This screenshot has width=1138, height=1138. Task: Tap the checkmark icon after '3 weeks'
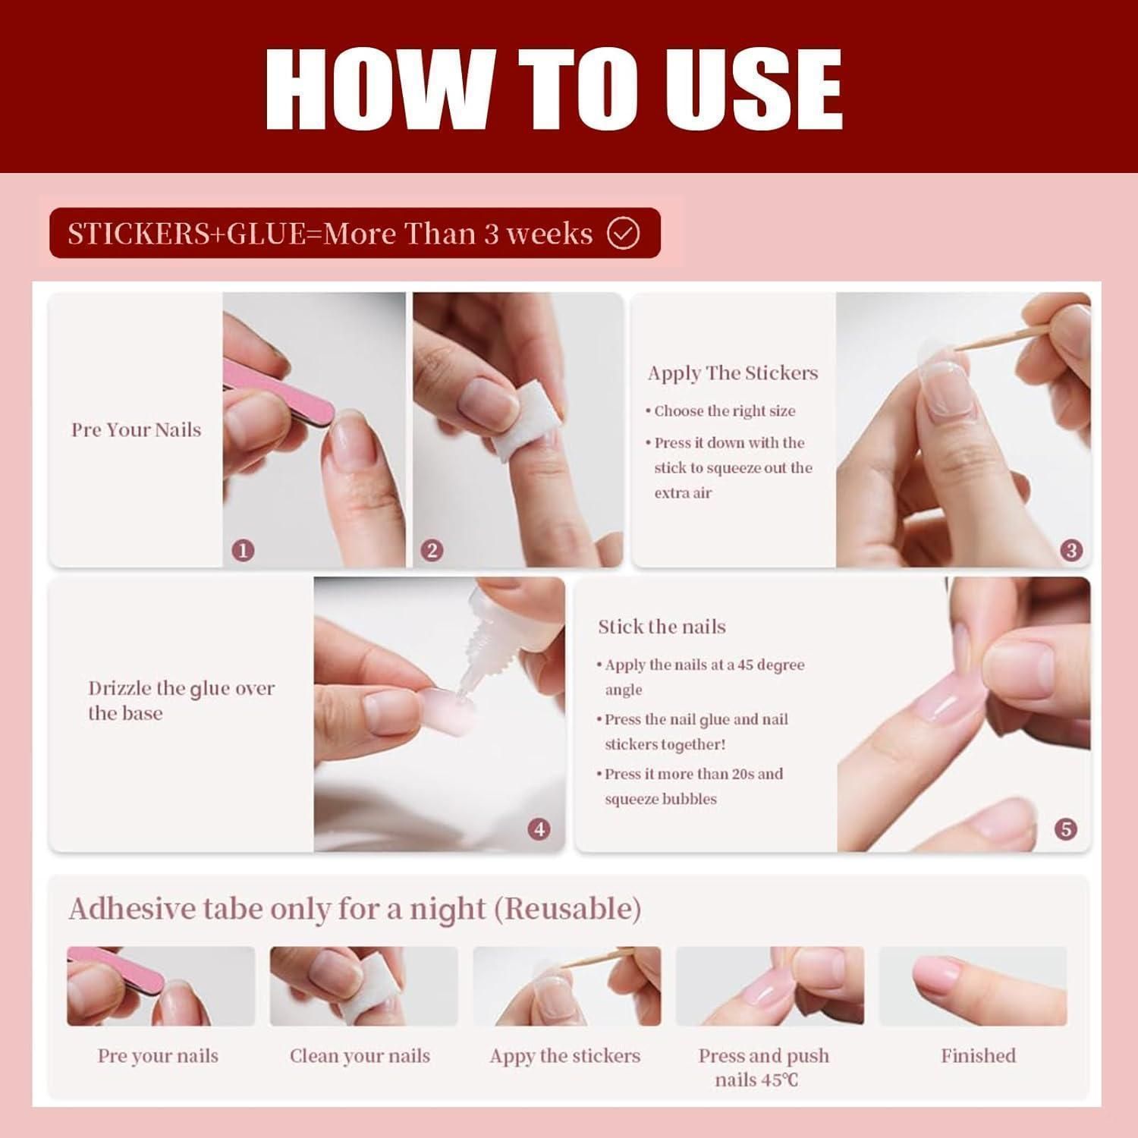(x=624, y=234)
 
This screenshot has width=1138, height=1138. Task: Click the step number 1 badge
(x=243, y=551)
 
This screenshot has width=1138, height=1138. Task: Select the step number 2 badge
(x=432, y=551)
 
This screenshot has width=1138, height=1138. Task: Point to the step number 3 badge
(x=1071, y=551)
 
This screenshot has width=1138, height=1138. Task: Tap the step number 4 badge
(x=539, y=829)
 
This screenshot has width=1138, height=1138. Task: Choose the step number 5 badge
(x=1066, y=829)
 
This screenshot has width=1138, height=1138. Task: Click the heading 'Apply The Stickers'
(x=733, y=373)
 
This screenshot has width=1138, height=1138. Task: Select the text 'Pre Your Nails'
(x=137, y=429)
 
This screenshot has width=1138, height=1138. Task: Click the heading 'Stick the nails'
(x=662, y=627)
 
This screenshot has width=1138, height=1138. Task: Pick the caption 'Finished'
(x=978, y=1055)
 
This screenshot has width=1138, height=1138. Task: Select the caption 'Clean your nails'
(x=360, y=1055)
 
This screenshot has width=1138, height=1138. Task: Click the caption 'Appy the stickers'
(x=565, y=1056)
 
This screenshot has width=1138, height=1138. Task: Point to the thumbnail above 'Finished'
(x=973, y=986)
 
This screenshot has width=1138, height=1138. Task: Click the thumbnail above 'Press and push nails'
(x=770, y=986)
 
